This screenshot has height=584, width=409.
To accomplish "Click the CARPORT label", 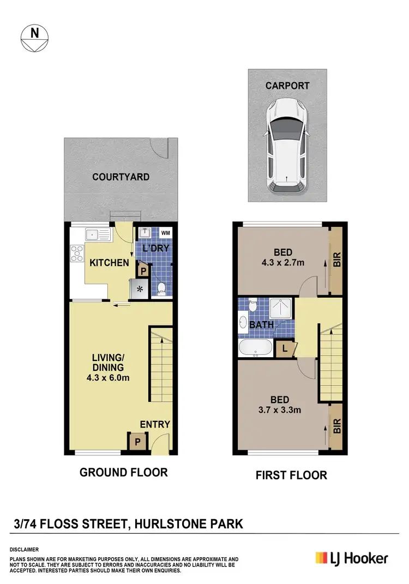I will [287, 86].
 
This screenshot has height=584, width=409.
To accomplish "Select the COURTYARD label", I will [121, 177].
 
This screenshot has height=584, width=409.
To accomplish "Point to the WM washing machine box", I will [165, 234].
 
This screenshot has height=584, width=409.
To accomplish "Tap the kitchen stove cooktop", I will [77, 254].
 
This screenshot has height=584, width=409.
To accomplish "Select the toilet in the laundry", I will [161, 287].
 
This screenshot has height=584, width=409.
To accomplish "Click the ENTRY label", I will [155, 424].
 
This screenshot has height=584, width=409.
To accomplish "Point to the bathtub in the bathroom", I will [256, 347].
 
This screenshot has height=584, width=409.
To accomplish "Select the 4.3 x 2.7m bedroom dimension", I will [284, 263].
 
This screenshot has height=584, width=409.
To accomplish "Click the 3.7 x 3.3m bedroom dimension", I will [283, 410].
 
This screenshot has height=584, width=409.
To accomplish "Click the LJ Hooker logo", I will [352, 558].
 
